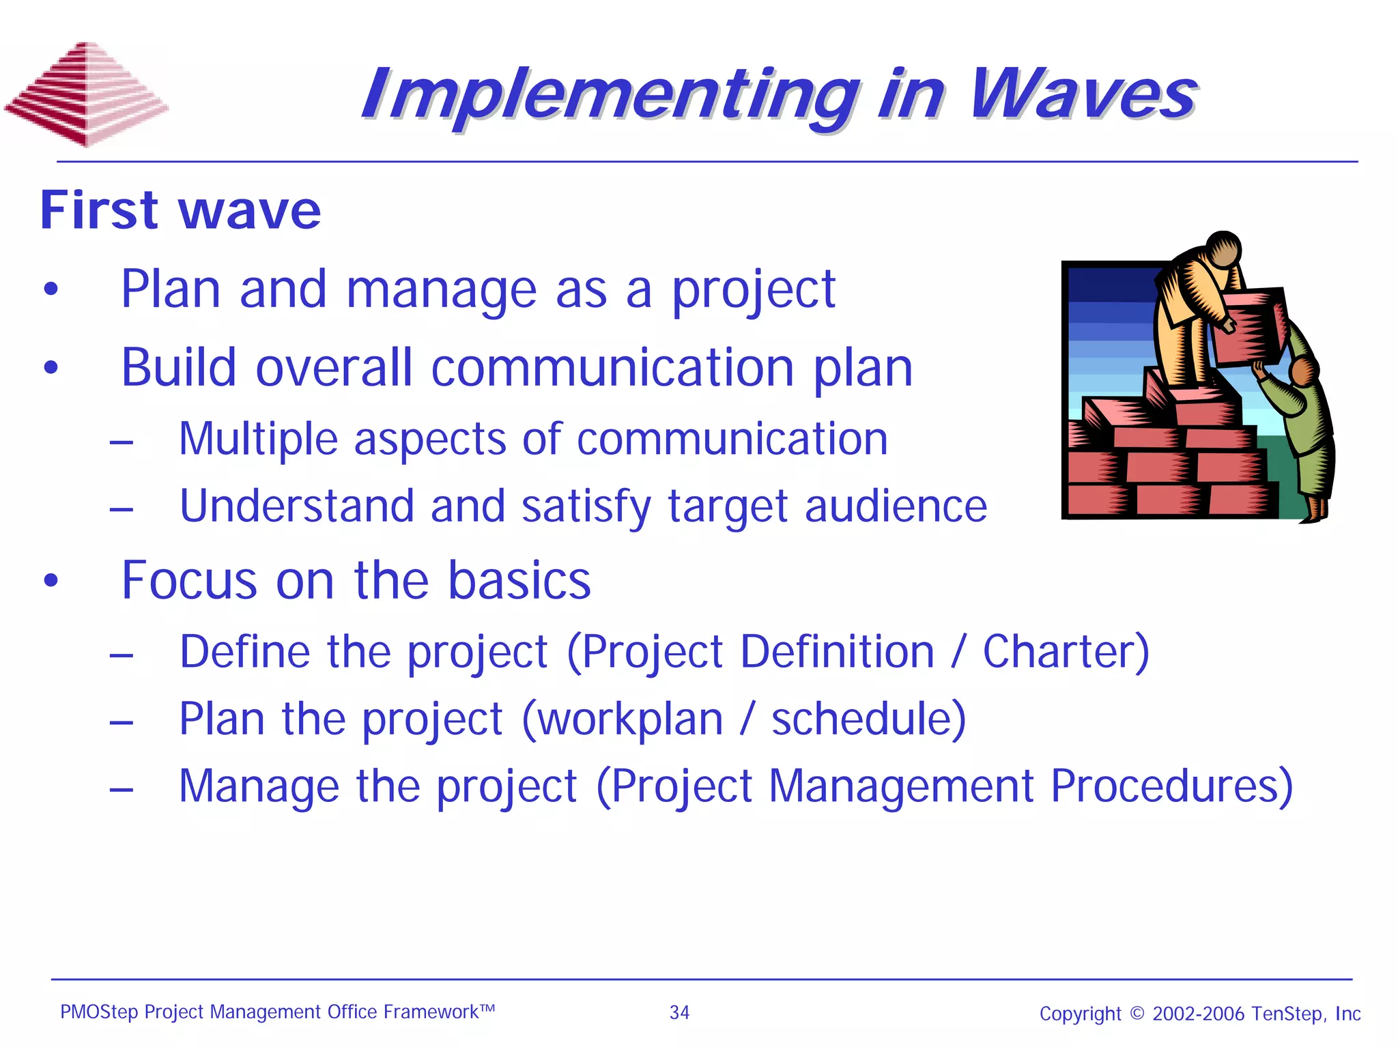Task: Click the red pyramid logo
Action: tap(87, 94)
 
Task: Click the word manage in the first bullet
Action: tap(441, 289)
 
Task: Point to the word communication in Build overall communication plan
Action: tap(612, 368)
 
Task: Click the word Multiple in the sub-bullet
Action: tap(257, 438)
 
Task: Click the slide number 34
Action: tap(679, 1012)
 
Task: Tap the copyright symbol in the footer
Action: tap(1137, 1013)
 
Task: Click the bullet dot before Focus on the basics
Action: tap(51, 581)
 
